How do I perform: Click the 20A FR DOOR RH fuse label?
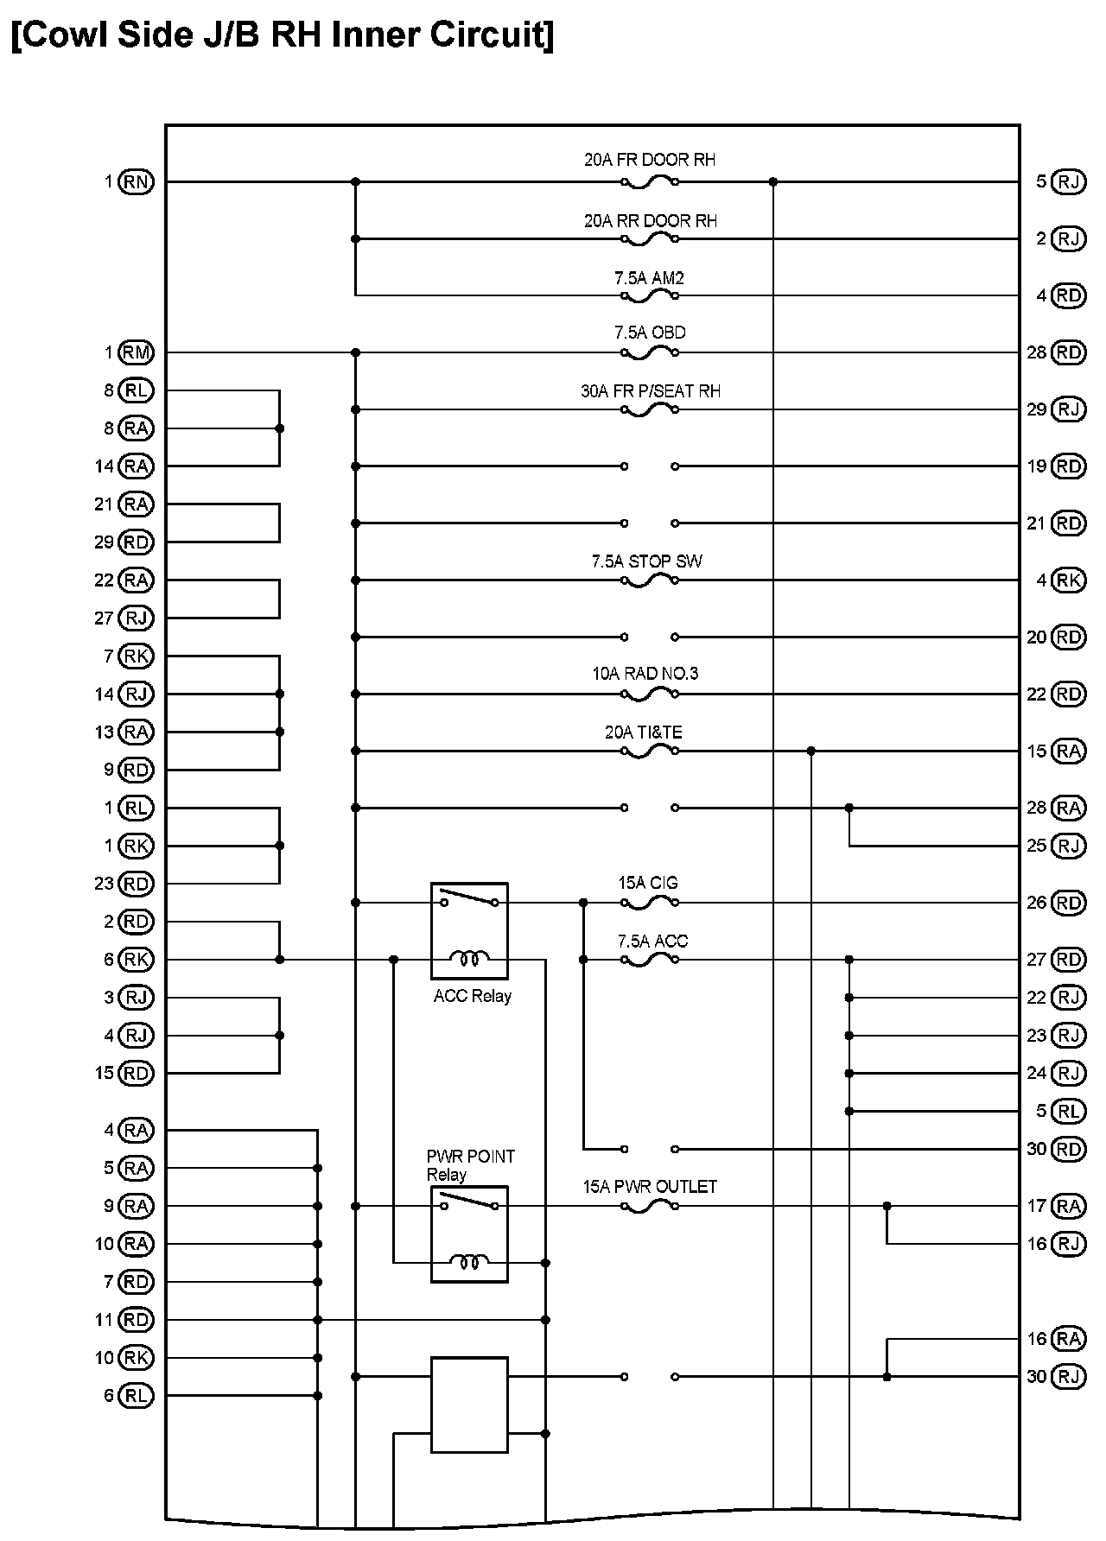(649, 160)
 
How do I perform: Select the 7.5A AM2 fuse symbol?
(649, 295)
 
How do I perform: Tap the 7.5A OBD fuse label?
(650, 333)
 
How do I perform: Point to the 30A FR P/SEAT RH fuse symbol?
(649, 409)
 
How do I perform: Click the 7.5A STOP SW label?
(646, 561)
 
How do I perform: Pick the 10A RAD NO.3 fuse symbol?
(649, 694)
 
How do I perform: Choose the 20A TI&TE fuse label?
(643, 732)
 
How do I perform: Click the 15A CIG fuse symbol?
(649, 903)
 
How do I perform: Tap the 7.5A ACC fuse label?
(652, 941)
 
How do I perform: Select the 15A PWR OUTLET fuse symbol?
(649, 1206)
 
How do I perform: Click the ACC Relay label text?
(472, 996)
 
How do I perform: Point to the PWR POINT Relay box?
(469, 1233)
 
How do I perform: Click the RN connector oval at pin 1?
(136, 181)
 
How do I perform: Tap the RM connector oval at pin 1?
(136, 352)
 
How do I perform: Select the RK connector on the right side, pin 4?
(1069, 580)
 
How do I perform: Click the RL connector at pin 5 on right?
(1069, 1111)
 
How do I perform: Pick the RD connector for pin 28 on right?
(1069, 352)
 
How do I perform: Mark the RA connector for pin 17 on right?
(1069, 1206)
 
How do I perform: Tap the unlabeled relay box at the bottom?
(469, 1405)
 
